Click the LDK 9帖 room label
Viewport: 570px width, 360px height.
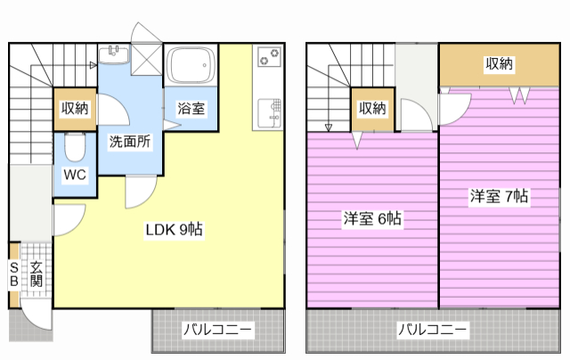point(175,229)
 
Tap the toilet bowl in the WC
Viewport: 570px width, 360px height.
point(75,146)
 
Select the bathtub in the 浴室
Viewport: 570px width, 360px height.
point(190,65)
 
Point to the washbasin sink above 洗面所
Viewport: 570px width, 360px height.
point(114,55)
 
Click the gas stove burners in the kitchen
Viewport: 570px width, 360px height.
point(269,57)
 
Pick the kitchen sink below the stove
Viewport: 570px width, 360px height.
point(269,112)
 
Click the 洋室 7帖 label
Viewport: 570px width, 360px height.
point(499,196)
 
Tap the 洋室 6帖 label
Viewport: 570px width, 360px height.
point(372,218)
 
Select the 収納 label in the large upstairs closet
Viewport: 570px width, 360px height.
point(499,63)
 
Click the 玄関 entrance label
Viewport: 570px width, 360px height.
point(36,274)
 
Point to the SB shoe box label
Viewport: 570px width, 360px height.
point(14,274)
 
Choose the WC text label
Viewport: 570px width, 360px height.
point(75,175)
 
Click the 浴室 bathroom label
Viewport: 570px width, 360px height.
point(191,109)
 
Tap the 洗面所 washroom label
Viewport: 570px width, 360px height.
point(130,142)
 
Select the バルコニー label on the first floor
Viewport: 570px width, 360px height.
point(217,330)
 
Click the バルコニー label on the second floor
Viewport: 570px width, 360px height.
point(432,330)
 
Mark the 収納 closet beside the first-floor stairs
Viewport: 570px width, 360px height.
point(75,109)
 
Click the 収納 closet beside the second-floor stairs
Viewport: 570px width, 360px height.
point(372,109)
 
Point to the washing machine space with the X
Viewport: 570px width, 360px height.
point(146,60)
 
